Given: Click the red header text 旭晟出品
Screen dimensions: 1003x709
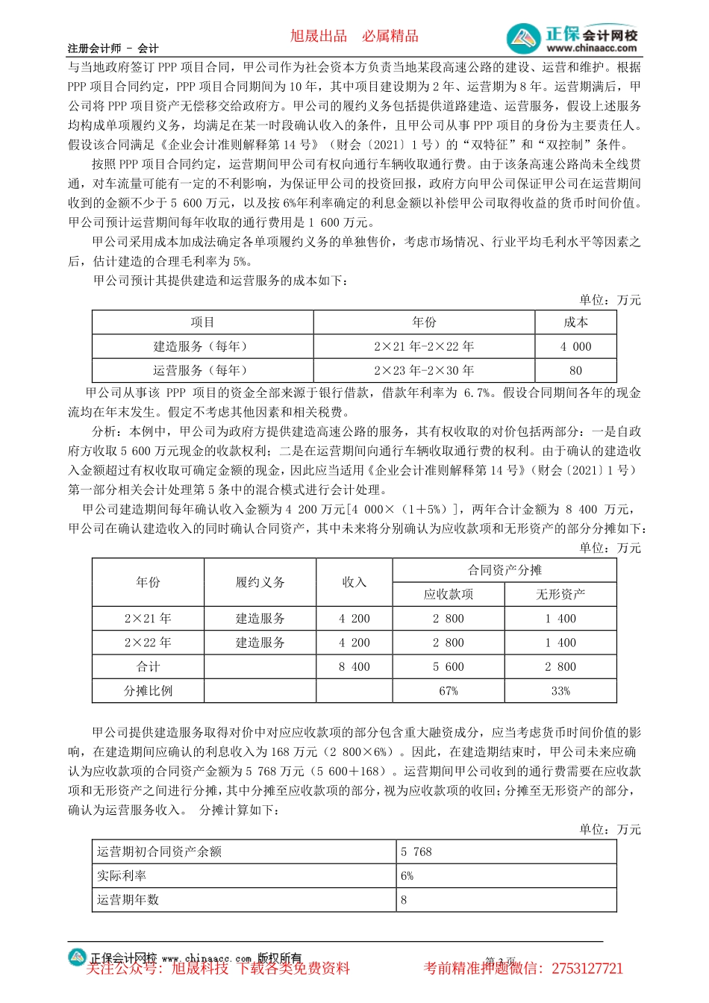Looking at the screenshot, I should [x=319, y=36].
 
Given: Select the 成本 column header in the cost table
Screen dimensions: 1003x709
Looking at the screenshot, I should [x=575, y=322].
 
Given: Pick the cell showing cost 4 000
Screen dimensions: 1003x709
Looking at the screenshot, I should [x=575, y=346].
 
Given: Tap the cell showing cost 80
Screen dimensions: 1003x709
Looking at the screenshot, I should [x=575, y=370].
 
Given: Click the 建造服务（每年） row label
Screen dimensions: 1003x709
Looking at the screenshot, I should [x=202, y=346].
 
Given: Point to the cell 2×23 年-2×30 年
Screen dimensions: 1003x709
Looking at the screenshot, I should [x=424, y=370].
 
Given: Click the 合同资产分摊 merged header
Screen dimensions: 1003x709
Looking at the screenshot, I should [x=505, y=570].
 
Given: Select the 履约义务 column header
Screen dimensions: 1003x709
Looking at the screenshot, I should [x=260, y=582].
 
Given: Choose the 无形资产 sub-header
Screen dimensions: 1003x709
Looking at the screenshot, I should [x=560, y=595].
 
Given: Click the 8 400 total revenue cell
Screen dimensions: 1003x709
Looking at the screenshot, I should [x=354, y=666].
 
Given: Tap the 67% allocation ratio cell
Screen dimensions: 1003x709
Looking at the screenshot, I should [x=449, y=691].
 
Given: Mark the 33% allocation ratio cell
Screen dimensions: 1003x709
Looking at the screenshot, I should [x=560, y=691].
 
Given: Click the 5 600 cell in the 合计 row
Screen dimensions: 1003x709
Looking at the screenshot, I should [x=449, y=666].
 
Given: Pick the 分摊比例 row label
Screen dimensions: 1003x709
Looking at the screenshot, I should [x=148, y=691].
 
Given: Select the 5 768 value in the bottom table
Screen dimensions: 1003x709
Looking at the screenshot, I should [x=416, y=852].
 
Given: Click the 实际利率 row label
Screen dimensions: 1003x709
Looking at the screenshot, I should [x=122, y=875].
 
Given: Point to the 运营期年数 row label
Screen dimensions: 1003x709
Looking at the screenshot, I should [x=128, y=899].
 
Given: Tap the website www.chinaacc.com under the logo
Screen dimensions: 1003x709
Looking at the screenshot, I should [x=591, y=49].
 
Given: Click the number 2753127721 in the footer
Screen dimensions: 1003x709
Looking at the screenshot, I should [x=587, y=969].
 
